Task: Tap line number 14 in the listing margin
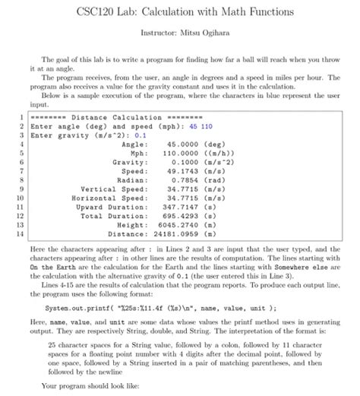11,233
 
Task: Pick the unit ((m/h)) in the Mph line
216,153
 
